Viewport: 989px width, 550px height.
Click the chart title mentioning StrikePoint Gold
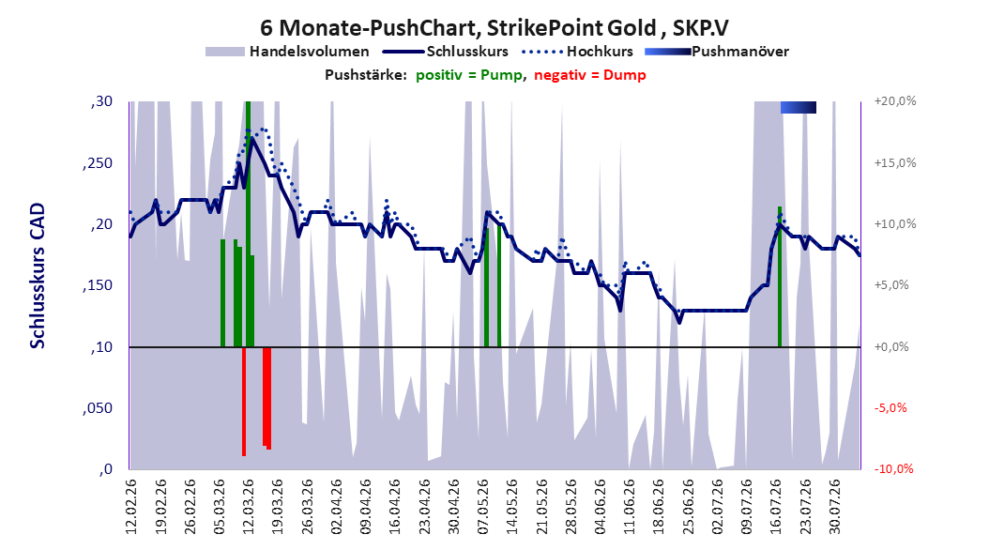494,28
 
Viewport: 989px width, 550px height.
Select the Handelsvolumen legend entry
287,52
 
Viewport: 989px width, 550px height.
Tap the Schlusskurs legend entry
446,52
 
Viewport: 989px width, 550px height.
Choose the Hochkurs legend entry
577,52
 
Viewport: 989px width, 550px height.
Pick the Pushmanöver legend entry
717,52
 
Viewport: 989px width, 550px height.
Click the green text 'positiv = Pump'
468,75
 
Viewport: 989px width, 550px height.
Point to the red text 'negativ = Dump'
590,75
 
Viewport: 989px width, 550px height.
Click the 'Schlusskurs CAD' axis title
38,276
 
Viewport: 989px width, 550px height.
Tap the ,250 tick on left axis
98,163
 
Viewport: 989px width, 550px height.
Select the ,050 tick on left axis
98,408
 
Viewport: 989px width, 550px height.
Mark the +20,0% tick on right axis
895,101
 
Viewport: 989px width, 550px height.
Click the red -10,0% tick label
893,468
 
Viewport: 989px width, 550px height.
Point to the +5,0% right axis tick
891,285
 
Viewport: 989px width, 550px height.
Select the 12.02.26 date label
130,507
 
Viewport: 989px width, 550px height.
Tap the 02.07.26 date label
717,507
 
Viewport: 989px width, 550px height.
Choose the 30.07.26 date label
834,507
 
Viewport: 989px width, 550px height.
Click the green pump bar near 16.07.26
780,277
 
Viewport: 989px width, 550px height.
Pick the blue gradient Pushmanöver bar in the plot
798,107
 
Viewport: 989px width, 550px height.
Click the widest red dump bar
266,398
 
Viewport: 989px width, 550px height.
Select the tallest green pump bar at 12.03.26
248,224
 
